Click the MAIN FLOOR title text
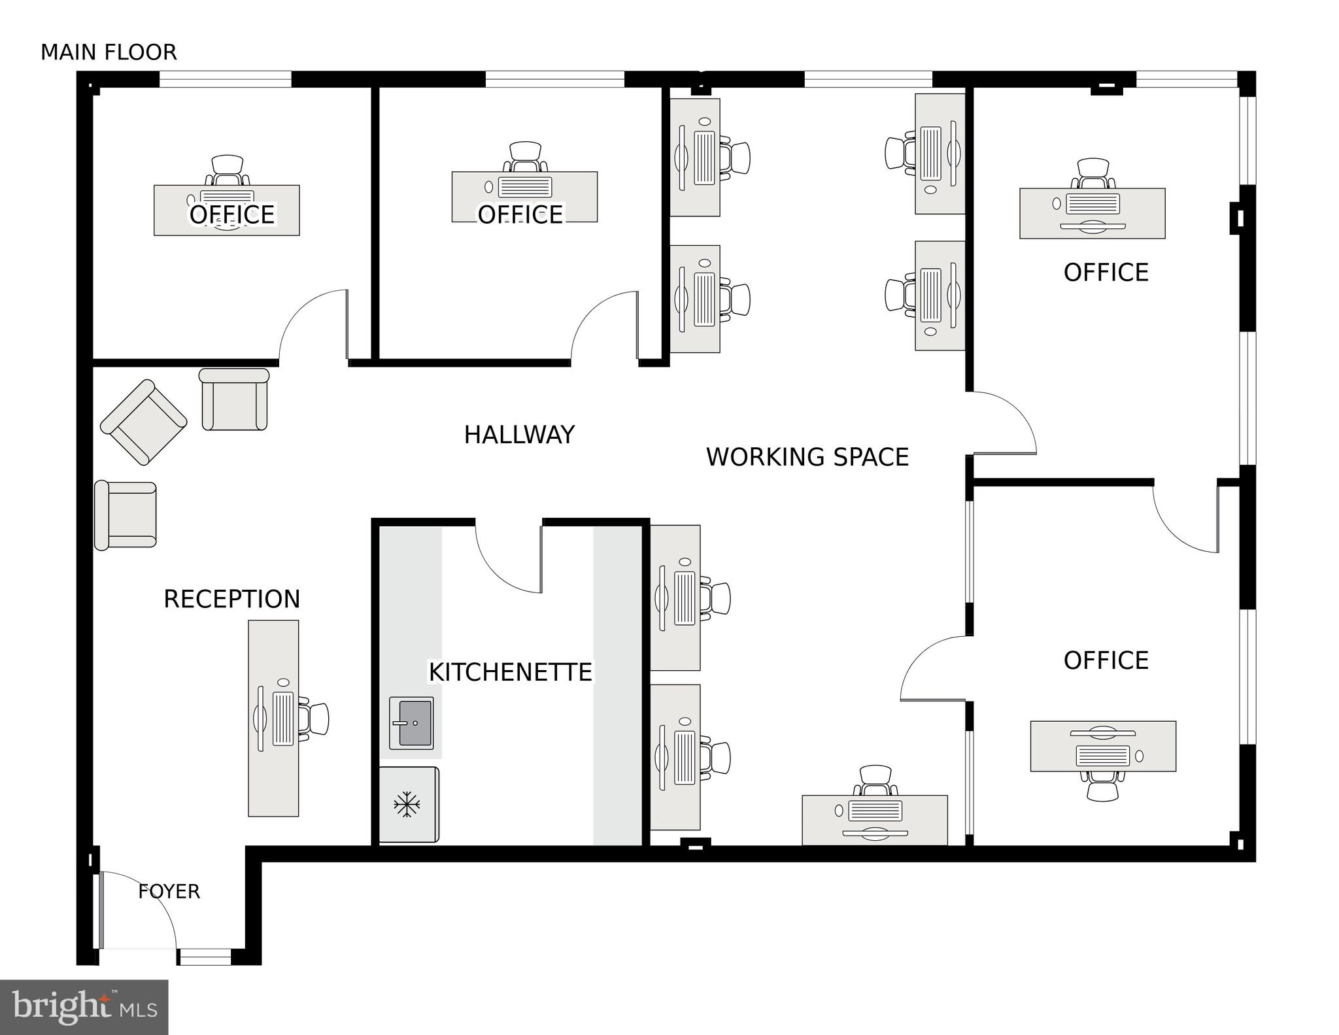pyautogui.click(x=109, y=52)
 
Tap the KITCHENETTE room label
pyautogui.click(x=509, y=672)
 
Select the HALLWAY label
pyautogui.click(x=519, y=435)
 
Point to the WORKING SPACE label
pyautogui.click(x=807, y=457)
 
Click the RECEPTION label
pyautogui.click(x=231, y=599)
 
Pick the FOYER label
pyautogui.click(x=169, y=892)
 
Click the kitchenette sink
pyautogui.click(x=411, y=722)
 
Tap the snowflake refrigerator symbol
pyautogui.click(x=407, y=804)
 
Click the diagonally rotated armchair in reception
pyautogui.click(x=143, y=422)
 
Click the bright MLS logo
pyautogui.click(x=84, y=1007)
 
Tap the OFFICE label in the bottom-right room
pyautogui.click(x=1106, y=660)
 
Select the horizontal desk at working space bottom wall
pyautogui.click(x=874, y=820)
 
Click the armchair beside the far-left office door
pyautogui.click(x=234, y=399)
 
